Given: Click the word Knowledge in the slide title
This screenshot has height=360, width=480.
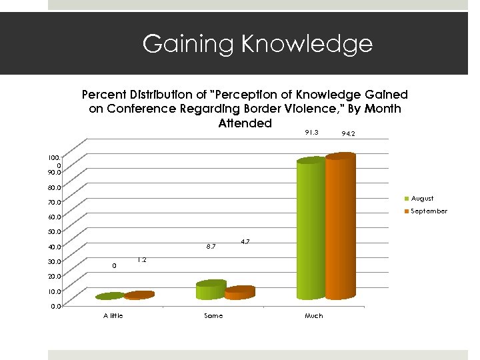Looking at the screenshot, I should (307, 44).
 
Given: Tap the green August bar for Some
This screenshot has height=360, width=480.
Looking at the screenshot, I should (211, 289).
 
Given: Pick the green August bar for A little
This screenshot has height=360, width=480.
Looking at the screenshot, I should (110, 295).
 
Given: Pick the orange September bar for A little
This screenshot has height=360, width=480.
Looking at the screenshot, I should (139, 295).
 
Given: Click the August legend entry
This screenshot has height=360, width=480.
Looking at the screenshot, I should (422, 198).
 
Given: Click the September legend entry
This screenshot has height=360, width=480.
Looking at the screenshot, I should (429, 211).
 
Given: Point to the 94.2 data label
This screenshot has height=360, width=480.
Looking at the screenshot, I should (348, 134).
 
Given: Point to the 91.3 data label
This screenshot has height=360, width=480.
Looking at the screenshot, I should (311, 132).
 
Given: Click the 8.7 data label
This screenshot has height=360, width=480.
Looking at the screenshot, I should (211, 247).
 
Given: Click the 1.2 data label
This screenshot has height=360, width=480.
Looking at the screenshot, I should (142, 259).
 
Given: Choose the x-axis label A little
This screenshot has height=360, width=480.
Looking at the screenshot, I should (113, 315).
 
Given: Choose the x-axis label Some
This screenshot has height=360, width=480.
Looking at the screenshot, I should (213, 315).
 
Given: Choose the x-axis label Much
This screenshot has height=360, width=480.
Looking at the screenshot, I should (313, 315).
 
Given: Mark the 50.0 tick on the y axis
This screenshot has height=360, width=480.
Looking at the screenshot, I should (54, 232).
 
